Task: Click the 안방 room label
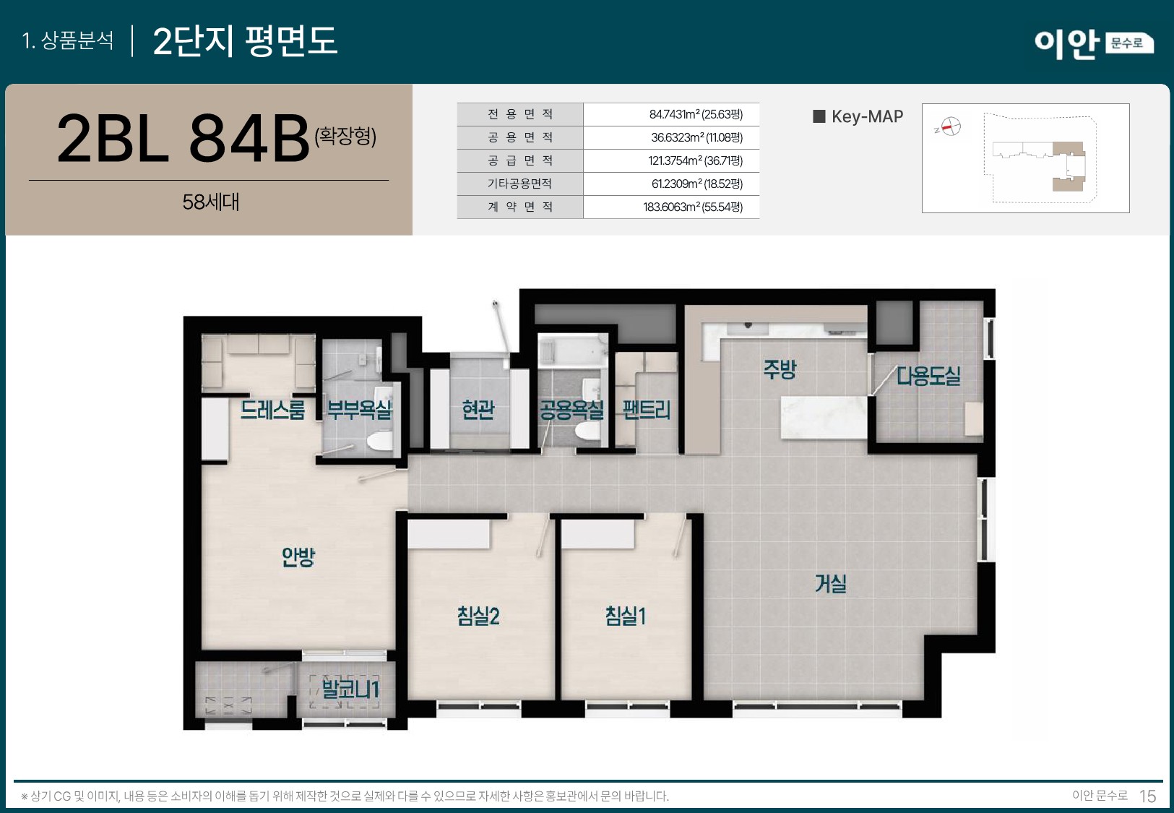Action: coord(298,556)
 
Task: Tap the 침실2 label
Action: coord(478,616)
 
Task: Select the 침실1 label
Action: coord(626,616)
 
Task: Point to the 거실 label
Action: coord(830,583)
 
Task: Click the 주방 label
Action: coord(780,369)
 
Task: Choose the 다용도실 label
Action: coord(928,376)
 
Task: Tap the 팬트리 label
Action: coord(647,410)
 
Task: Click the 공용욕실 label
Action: coord(571,410)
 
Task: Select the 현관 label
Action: coord(478,410)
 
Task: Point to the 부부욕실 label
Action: coord(359,410)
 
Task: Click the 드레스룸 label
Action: coord(273,410)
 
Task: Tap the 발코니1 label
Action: coord(350,689)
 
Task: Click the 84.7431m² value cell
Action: coord(695,114)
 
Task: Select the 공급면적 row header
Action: coord(519,160)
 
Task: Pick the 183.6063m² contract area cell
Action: coord(692,207)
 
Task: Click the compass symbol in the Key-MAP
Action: coord(951,126)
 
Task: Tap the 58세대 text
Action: coord(210,202)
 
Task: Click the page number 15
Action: coord(1147,796)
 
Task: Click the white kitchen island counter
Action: coord(823,417)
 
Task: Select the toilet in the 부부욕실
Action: coord(379,440)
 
